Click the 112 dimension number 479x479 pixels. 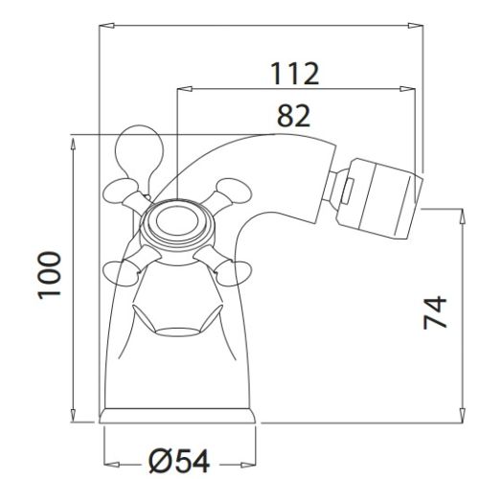pos(294,74)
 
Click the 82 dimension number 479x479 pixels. pos(293,116)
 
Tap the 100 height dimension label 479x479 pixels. pos(50,276)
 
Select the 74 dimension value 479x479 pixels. pos(435,312)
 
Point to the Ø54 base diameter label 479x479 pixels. pos(179,461)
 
